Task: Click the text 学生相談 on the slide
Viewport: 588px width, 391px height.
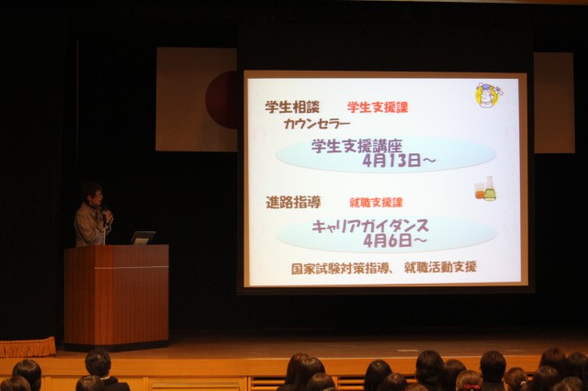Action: pyautogui.click(x=292, y=107)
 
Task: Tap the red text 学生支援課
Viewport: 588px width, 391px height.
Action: pyautogui.click(x=378, y=107)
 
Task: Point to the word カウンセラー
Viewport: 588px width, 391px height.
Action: pyautogui.click(x=317, y=124)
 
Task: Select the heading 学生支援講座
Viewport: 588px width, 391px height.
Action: pyautogui.click(x=356, y=146)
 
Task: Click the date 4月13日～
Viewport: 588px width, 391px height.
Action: pyautogui.click(x=399, y=161)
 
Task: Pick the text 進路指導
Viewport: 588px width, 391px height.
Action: pyautogui.click(x=293, y=202)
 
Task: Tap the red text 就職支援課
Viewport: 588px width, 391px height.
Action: pyautogui.click(x=376, y=203)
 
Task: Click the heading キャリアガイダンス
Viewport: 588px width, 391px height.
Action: pyautogui.click(x=370, y=226)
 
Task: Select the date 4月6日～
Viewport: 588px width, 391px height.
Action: pyautogui.click(x=395, y=240)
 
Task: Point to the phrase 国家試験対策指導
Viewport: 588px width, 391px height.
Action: pyautogui.click(x=339, y=269)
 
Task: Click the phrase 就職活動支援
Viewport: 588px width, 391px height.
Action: pyautogui.click(x=440, y=267)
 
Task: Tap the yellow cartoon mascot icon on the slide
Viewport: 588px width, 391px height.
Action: pyautogui.click(x=488, y=95)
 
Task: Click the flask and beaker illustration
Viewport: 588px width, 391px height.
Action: pyautogui.click(x=486, y=189)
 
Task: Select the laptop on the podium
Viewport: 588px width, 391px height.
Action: pyautogui.click(x=142, y=238)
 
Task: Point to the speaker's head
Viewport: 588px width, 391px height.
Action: pyautogui.click(x=92, y=193)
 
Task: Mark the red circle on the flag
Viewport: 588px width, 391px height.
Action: pyautogui.click(x=221, y=100)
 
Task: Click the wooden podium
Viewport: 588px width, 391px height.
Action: pyautogui.click(x=117, y=296)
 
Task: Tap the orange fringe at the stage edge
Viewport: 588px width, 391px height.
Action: pyautogui.click(x=28, y=347)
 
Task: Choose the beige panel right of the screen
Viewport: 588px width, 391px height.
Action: pyautogui.click(x=554, y=103)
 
